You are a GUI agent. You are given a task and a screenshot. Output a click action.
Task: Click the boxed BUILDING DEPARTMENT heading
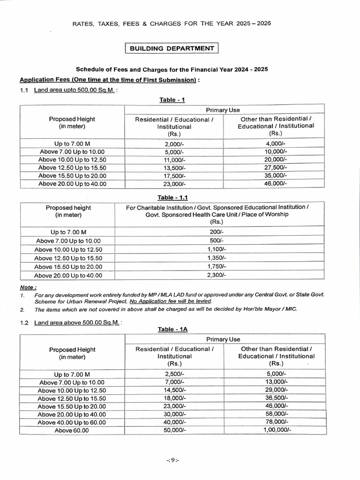(x=172, y=48)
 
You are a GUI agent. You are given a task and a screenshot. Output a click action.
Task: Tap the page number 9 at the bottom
(x=173, y=460)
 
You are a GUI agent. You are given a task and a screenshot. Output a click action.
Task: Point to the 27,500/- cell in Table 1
(x=276, y=167)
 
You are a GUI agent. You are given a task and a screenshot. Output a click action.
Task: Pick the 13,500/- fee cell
(x=174, y=167)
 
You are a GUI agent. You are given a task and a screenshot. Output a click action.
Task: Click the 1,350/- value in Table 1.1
(x=217, y=258)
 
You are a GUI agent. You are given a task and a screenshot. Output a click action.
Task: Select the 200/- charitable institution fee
(x=217, y=232)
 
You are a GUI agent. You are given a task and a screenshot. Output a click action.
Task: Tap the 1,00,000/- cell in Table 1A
(x=276, y=430)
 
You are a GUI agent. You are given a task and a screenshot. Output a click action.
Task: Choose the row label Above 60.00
(x=72, y=430)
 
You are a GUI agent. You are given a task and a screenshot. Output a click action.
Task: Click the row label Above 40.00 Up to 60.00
(x=72, y=422)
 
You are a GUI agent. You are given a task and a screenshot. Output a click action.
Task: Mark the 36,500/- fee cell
(x=276, y=398)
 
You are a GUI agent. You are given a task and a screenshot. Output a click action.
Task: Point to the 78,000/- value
(x=276, y=422)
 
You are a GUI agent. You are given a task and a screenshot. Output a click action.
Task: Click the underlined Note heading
(x=28, y=287)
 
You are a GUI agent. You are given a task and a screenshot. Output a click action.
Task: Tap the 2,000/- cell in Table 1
(x=174, y=143)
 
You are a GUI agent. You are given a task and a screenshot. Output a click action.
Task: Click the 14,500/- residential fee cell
(x=174, y=390)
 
